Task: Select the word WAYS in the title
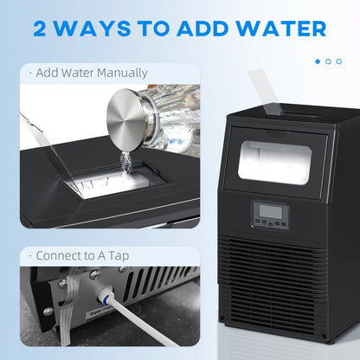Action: pyautogui.click(x=103, y=28)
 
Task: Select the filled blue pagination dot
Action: pyautogui.click(x=318, y=61)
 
